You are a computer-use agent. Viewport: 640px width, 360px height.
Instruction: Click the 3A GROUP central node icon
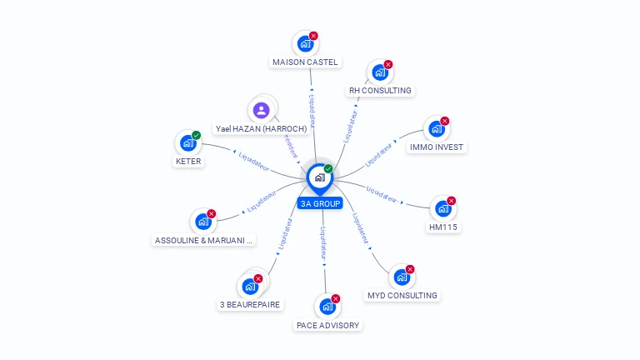[319, 177]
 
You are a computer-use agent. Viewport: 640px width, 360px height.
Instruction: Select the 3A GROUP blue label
[319, 203]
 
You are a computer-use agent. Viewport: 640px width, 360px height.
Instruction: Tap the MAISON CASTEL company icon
[305, 43]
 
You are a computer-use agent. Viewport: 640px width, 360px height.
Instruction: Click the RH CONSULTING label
[380, 90]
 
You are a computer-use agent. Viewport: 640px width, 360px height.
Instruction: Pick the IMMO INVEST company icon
[436, 129]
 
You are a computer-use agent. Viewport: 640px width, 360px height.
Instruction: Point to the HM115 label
[443, 227]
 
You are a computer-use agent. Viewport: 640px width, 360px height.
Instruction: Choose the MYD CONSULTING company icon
[402, 277]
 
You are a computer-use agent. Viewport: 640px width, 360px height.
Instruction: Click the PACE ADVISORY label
[328, 325]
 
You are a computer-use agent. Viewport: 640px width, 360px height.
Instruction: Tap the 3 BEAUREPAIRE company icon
[250, 287]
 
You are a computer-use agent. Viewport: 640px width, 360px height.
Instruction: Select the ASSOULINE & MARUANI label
[203, 240]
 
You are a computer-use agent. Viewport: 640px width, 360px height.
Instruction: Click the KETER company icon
[187, 143]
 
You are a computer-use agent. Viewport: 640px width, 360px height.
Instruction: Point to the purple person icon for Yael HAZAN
[262, 110]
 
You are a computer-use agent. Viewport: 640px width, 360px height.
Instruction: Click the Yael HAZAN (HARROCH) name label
[261, 129]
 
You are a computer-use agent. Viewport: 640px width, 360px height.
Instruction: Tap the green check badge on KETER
[196, 135]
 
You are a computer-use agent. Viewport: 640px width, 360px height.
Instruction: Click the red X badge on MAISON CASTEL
[313, 36]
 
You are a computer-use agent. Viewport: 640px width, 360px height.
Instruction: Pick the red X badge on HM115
[451, 201]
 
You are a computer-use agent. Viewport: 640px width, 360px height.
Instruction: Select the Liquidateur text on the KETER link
[253, 161]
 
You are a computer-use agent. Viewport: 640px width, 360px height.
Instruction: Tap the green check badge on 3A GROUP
[328, 169]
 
